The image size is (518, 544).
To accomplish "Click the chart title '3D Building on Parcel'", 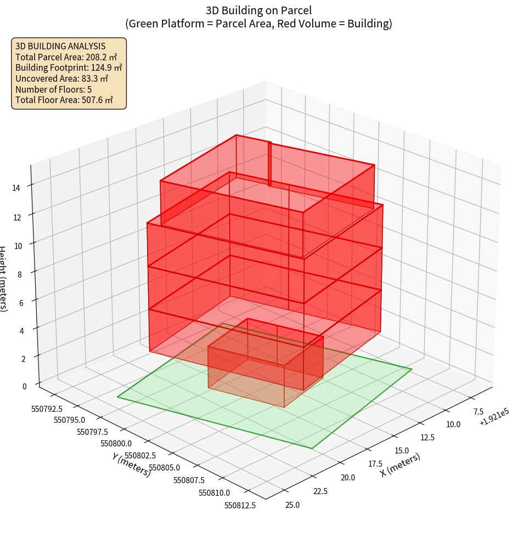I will [258, 10].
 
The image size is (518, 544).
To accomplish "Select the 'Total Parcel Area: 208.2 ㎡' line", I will [66, 57].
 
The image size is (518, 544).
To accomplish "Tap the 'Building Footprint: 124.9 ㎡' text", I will [69, 67].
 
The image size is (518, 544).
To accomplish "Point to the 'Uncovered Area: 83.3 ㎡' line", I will [62, 78].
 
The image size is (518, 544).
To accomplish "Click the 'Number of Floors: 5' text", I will [53, 89].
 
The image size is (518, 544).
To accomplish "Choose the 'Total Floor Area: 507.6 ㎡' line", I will [64, 100].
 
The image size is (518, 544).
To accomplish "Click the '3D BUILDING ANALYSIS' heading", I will [60, 47].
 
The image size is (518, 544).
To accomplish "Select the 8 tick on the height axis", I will [20, 273].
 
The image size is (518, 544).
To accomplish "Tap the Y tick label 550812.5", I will [240, 506].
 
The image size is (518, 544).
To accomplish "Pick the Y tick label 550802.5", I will [140, 456].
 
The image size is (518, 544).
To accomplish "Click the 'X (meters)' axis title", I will [401, 466].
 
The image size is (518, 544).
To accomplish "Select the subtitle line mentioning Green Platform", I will [258, 24].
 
